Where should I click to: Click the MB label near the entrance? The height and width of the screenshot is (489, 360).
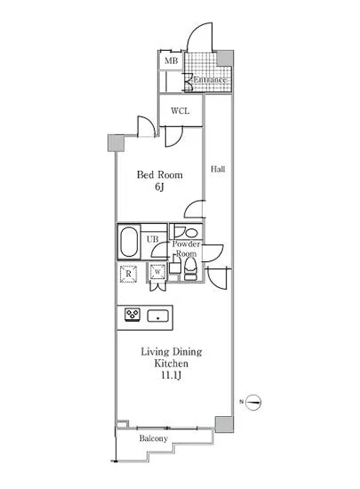point(172,60)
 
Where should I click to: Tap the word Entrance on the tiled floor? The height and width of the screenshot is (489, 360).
point(210,79)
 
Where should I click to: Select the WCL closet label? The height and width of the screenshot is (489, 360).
point(180,111)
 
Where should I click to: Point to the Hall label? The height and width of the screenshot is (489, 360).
point(218,169)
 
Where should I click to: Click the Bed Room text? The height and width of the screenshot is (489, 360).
point(160,174)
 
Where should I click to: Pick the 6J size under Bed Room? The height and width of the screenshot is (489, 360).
point(159,187)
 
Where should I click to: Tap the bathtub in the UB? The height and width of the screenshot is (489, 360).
point(129,242)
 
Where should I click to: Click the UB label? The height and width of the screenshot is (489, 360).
point(152,239)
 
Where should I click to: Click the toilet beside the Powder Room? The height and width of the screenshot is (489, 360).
point(190,270)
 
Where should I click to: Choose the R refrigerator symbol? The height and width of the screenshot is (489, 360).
point(128,274)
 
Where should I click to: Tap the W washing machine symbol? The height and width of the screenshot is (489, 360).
point(157,272)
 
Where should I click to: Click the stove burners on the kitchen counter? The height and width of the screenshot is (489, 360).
point(132,315)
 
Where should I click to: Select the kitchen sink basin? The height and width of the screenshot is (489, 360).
point(157,317)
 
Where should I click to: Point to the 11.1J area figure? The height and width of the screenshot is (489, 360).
point(171,375)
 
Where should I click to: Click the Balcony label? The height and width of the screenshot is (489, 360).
point(154,438)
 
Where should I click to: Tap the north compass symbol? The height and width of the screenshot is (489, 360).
point(253,402)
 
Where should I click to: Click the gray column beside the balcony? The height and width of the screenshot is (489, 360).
point(224,424)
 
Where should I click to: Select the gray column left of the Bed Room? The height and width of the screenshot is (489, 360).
point(116,143)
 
